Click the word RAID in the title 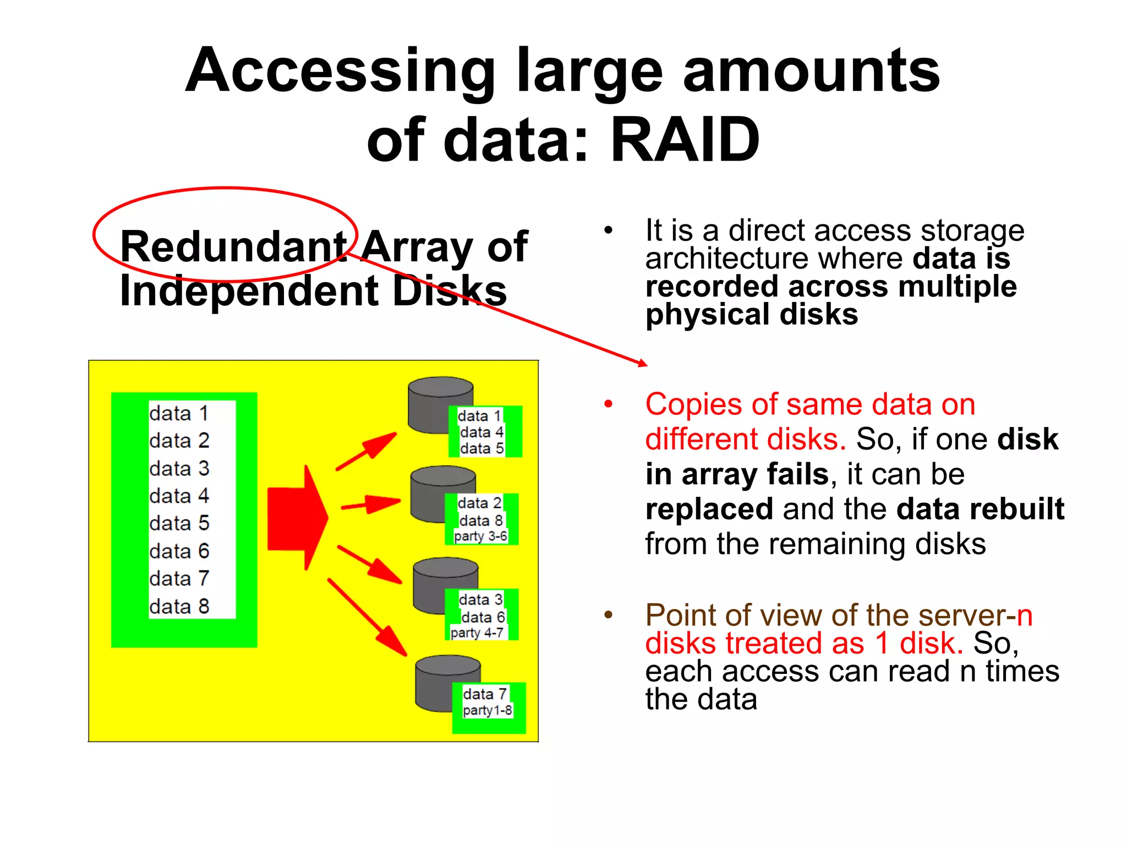point(685,140)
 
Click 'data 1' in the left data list point(179,414)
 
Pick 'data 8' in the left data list point(179,606)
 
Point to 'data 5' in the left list point(179,523)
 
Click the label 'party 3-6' point(480,536)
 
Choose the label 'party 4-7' point(477,633)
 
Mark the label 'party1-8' point(488,711)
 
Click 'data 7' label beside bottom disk point(485,694)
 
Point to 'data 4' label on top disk point(482,432)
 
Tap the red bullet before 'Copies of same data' point(608,404)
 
